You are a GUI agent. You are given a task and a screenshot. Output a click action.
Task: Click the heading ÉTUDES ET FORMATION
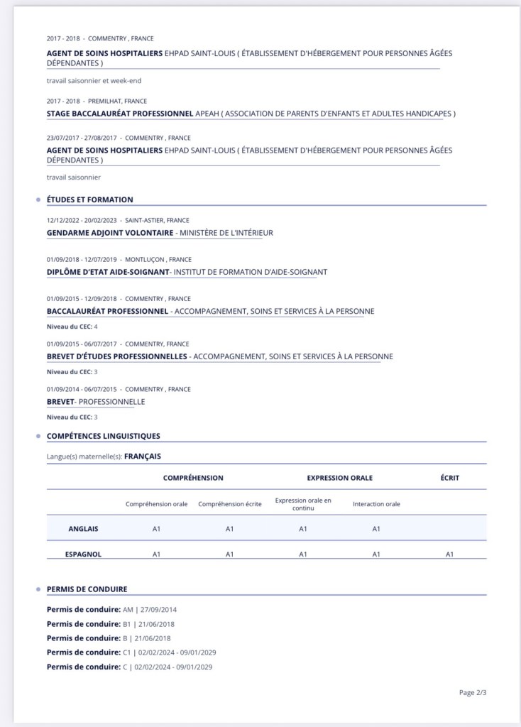pyautogui.click(x=89, y=199)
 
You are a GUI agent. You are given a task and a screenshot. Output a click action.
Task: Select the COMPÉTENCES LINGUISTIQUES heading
pyautogui.click(x=103, y=436)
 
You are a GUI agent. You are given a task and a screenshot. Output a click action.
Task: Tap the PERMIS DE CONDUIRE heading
pyautogui.click(x=87, y=589)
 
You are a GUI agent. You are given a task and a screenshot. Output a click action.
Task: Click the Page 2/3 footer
pyautogui.click(x=472, y=692)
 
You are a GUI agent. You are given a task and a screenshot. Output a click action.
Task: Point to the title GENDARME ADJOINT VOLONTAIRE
pyautogui.click(x=110, y=233)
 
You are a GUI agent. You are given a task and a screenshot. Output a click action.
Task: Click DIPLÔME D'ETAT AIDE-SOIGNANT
pyautogui.click(x=108, y=272)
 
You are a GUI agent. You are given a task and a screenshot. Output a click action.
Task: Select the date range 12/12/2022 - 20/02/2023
pyautogui.click(x=82, y=220)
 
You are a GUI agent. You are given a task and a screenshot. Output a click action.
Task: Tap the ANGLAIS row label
pyautogui.click(x=83, y=528)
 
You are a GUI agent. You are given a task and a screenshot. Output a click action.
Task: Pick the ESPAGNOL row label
pyautogui.click(x=83, y=554)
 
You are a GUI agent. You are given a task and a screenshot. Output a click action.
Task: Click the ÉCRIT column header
pyautogui.click(x=449, y=478)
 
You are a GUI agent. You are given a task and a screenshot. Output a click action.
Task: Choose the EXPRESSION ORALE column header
pyautogui.click(x=339, y=478)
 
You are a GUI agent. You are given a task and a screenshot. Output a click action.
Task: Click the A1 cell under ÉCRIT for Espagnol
pyautogui.click(x=449, y=554)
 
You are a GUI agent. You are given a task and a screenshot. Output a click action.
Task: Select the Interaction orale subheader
pyautogui.click(x=376, y=504)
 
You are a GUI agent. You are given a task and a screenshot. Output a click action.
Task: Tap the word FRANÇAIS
pyautogui.click(x=143, y=457)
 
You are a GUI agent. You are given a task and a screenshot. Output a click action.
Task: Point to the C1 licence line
pyautogui.click(x=131, y=652)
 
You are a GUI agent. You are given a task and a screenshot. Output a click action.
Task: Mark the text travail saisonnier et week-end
pyautogui.click(x=94, y=81)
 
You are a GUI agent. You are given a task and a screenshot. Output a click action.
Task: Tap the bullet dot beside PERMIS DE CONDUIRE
pyautogui.click(x=38, y=589)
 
